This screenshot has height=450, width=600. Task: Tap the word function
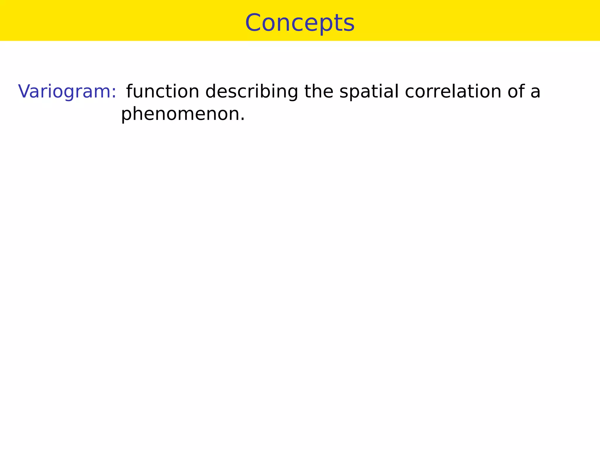163,91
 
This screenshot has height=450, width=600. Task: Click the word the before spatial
318,91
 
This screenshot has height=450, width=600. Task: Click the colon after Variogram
114,93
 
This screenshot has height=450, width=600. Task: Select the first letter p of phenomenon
126,115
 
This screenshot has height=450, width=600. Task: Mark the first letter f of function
129,91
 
